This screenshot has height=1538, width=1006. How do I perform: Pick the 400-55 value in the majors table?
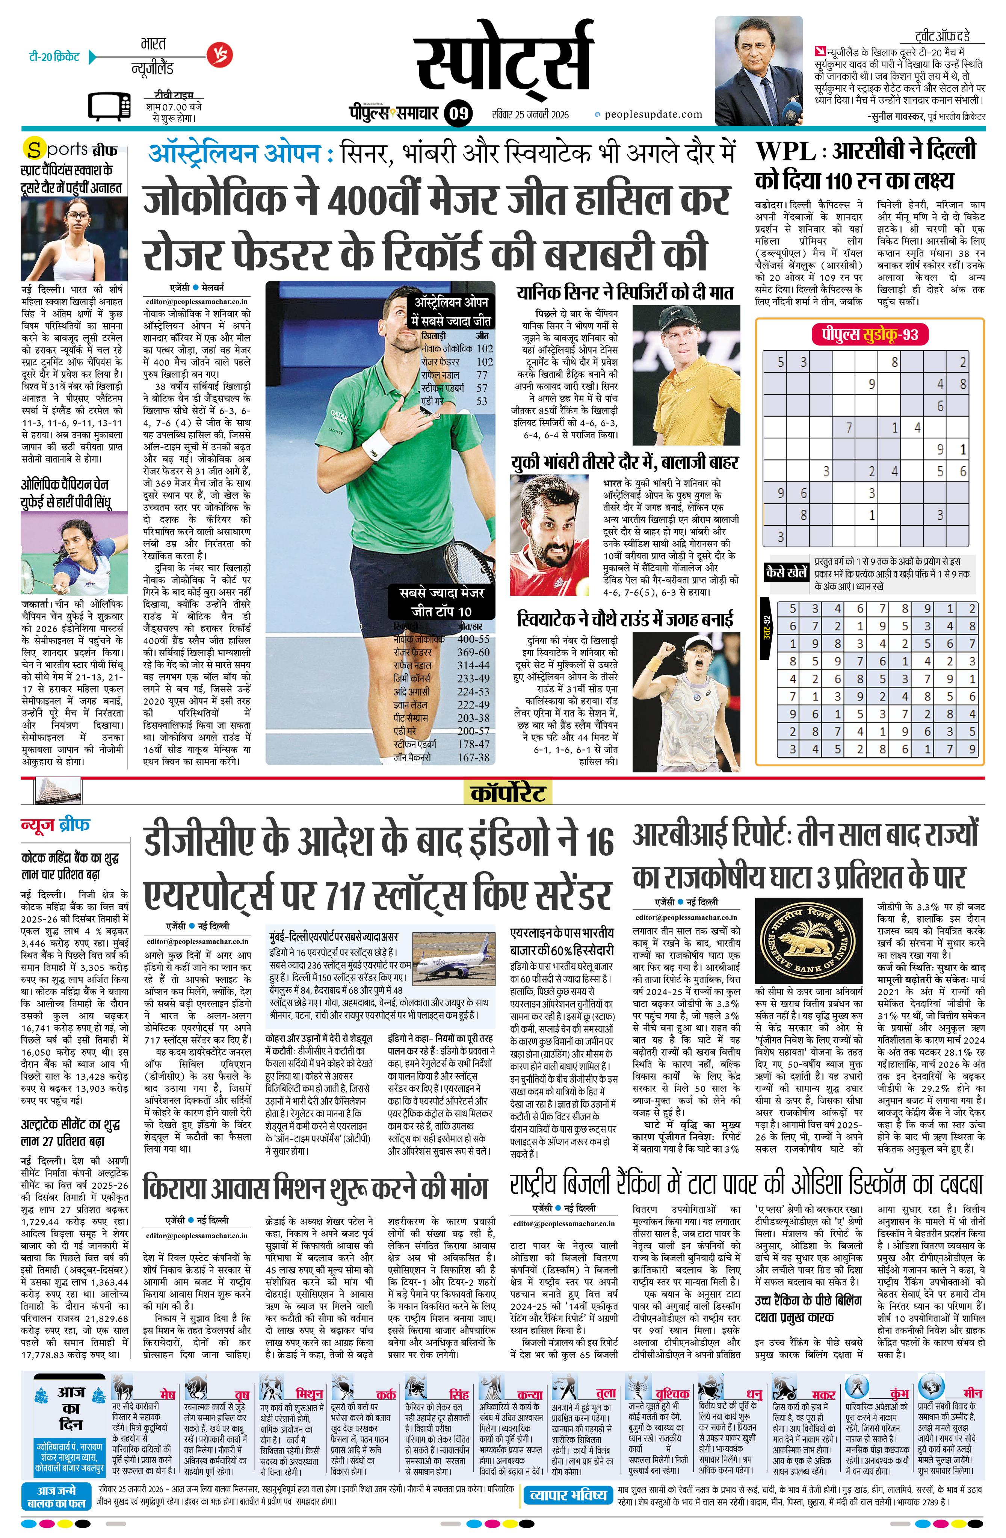click(473, 639)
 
